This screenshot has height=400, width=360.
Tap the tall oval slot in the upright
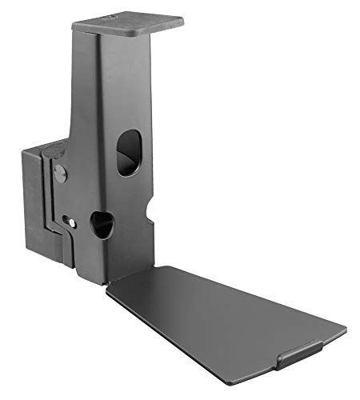click(x=128, y=152)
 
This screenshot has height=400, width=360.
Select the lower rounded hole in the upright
click(x=102, y=224)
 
